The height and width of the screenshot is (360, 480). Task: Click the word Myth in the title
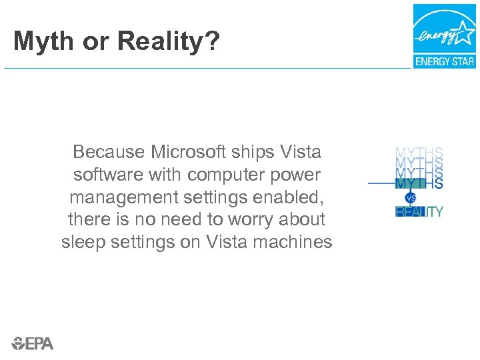(43, 41)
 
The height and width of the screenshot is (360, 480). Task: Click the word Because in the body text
(109, 152)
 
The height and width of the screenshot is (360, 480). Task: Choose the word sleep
(81, 243)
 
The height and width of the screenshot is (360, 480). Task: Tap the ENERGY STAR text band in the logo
(445, 61)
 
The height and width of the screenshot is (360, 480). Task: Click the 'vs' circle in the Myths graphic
(411, 198)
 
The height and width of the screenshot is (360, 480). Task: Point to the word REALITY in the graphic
(419, 212)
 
